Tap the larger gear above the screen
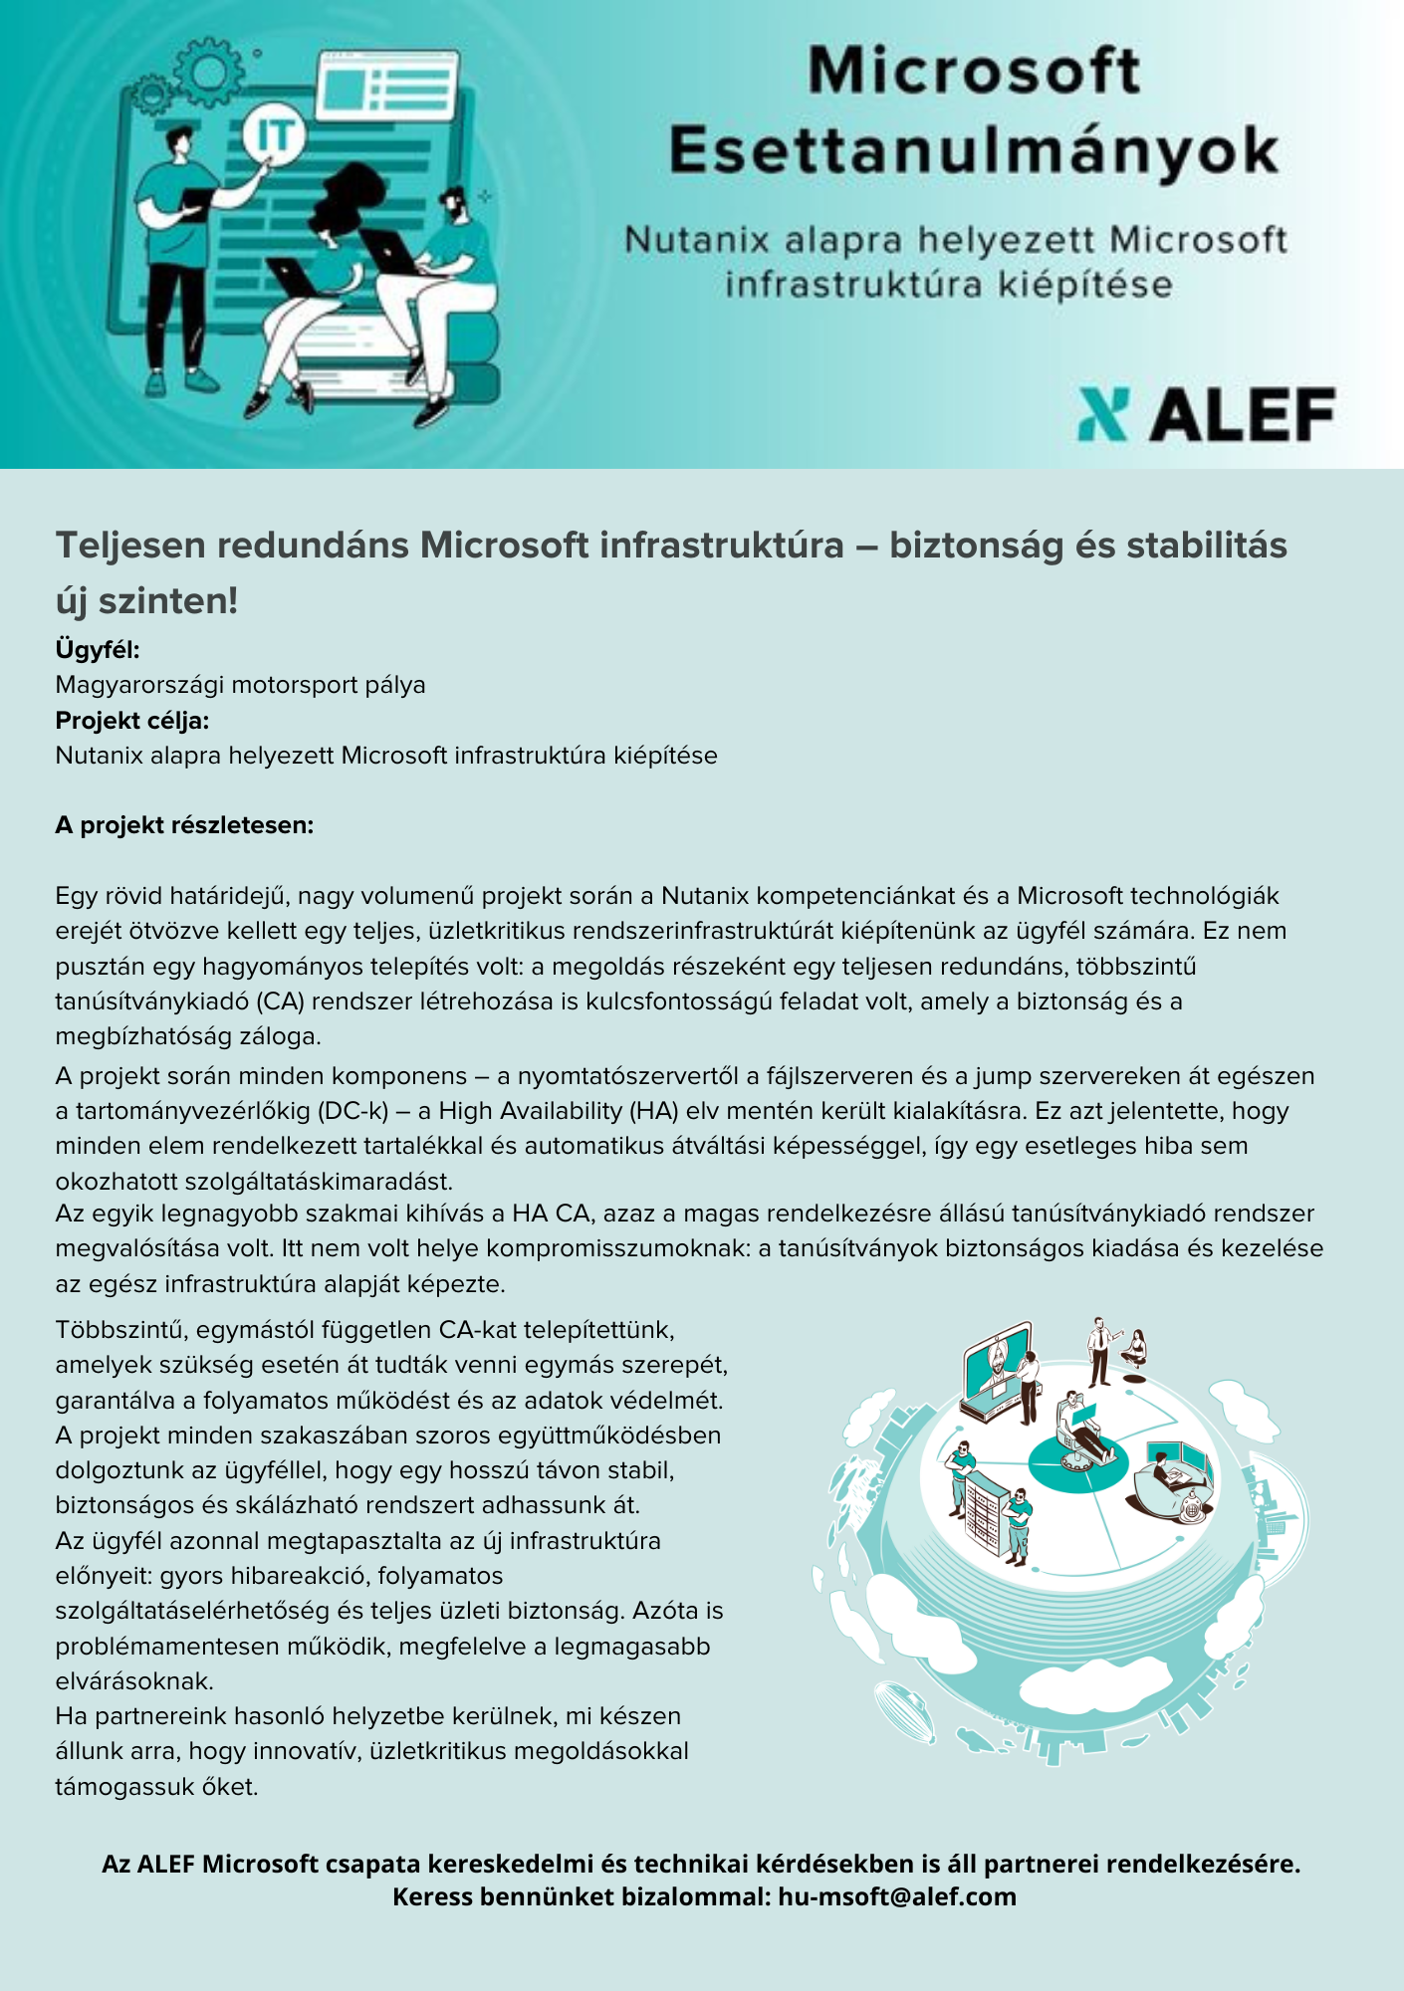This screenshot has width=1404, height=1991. (x=209, y=71)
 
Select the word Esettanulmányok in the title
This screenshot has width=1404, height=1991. (x=973, y=151)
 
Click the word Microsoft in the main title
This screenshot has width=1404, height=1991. (x=973, y=72)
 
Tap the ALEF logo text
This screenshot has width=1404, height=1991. (x=1244, y=415)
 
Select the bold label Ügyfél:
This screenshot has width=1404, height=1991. (x=98, y=650)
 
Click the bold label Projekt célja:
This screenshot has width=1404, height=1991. (x=132, y=721)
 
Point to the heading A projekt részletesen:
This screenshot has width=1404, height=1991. (x=184, y=825)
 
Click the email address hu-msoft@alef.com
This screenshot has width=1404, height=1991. (x=897, y=1896)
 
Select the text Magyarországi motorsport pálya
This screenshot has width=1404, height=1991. (x=240, y=685)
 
